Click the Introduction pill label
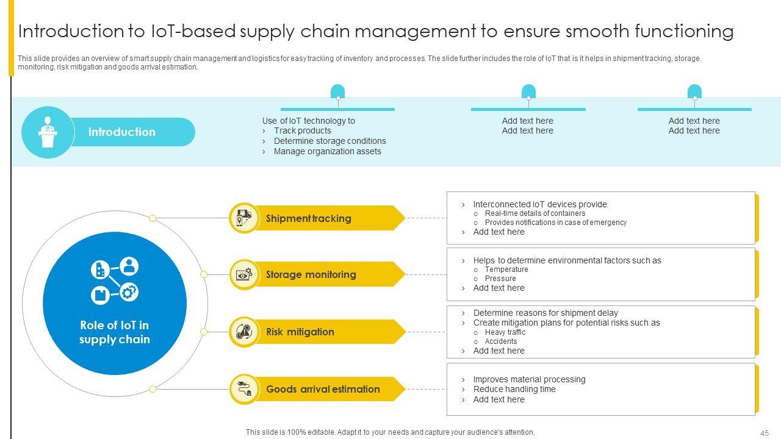[122, 132]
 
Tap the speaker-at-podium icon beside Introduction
[48, 132]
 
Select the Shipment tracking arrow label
[309, 218]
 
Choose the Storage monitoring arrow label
[311, 274]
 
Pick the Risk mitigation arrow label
[300, 332]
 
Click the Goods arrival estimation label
[323, 389]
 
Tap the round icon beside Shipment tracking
[244, 218]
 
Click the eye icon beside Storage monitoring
[244, 274]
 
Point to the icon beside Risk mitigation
[244, 332]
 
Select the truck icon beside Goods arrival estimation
[244, 388]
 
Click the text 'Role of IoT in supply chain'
[115, 332]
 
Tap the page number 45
[765, 433]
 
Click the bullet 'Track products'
[303, 130]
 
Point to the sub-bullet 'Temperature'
[506, 269]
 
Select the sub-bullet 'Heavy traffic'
[505, 332]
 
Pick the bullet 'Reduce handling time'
[514, 389]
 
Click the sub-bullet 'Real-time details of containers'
[535, 213]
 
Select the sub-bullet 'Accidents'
[501, 341]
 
